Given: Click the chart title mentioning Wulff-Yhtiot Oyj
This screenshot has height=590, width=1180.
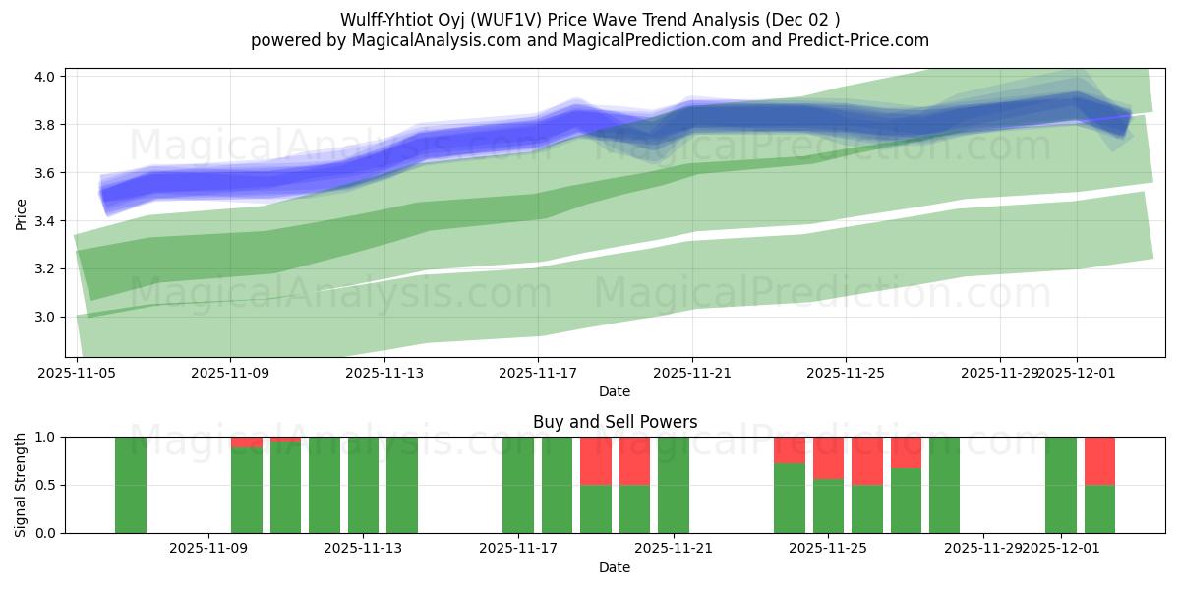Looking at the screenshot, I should [590, 20].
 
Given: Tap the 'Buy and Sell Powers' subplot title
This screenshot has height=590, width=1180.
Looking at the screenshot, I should [615, 422].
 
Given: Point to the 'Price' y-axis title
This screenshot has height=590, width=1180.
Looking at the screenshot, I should [22, 213].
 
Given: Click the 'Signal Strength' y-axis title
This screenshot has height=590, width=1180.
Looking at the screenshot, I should [22, 485].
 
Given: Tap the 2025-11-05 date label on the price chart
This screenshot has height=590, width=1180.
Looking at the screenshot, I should [77, 373].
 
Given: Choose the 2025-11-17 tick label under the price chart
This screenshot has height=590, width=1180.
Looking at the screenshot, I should [538, 373].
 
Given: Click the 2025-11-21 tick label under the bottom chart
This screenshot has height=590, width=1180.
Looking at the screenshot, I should [674, 548].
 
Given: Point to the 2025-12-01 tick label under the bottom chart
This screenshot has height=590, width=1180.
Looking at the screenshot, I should [1061, 548].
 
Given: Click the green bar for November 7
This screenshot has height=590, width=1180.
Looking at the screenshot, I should [131, 485].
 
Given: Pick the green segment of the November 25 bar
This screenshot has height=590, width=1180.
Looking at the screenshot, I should [828, 505].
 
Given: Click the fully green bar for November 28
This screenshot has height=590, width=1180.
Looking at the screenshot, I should [944, 485].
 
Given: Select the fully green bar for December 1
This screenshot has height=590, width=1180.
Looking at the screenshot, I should [1061, 485].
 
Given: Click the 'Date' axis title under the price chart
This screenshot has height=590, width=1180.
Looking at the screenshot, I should [615, 392].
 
